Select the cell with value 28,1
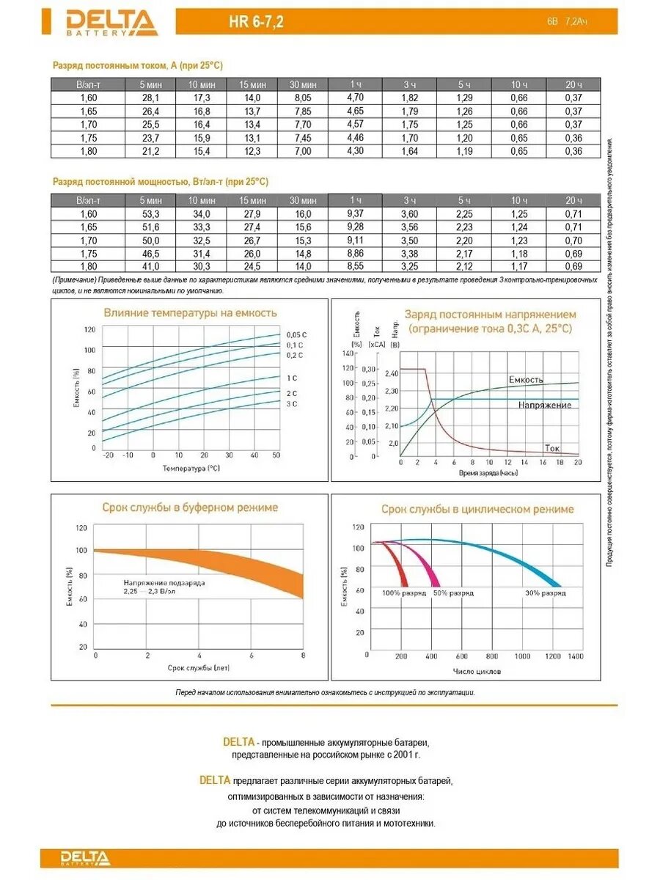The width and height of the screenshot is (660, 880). [150, 98]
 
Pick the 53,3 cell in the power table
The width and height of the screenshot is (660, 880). [150, 213]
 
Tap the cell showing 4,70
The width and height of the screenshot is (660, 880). [355, 97]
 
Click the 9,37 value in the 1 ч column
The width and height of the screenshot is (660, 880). [355, 213]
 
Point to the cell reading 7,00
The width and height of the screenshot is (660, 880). [303, 151]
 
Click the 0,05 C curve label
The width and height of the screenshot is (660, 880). [296, 334]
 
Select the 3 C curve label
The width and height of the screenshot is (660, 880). [292, 404]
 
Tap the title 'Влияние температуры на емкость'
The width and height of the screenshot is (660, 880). [190, 313]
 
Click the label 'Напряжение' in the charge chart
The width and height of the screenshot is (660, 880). [545, 405]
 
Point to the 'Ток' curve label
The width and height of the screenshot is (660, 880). [552, 447]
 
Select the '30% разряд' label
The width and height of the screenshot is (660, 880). [545, 593]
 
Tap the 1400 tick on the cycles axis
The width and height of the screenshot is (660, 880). [576, 656]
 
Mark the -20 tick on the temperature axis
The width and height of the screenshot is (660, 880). [109, 455]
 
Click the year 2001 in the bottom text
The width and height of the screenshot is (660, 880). [400, 754]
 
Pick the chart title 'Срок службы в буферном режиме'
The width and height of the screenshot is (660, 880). [190, 507]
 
